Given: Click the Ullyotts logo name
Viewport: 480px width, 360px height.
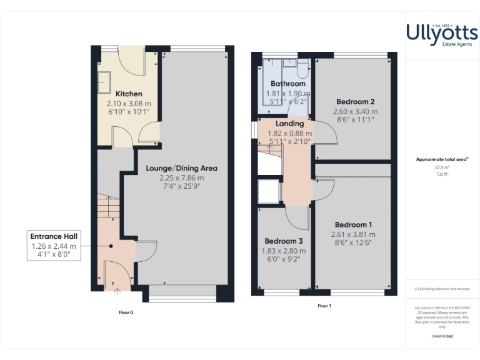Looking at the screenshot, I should [442, 32].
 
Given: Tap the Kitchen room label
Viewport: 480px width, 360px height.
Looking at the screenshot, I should [129, 94].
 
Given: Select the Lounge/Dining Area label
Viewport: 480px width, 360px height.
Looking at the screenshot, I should [181, 168].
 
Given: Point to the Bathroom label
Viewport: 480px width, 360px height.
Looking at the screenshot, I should [288, 84].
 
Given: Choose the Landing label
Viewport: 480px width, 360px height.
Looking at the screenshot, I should [289, 124].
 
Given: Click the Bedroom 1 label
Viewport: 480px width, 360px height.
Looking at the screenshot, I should [353, 225].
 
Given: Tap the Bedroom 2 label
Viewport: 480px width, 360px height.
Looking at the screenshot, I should [355, 102].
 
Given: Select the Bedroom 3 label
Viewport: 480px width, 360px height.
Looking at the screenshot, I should [283, 241].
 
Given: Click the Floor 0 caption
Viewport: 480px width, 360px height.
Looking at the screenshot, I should [126, 311].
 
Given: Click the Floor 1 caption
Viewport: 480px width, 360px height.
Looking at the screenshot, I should [324, 306].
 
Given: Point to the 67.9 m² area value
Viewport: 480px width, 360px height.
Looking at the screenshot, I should [442, 167].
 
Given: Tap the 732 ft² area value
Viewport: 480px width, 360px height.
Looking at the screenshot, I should [442, 174].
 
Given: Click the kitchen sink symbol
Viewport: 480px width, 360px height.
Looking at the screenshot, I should [104, 81].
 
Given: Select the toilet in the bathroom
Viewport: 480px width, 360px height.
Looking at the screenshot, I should [304, 66].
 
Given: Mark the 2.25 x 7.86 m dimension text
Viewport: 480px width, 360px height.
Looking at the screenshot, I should [181, 177].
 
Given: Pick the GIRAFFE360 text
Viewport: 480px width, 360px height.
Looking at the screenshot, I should [442, 337].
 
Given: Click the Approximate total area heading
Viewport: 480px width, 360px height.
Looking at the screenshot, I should [441, 160].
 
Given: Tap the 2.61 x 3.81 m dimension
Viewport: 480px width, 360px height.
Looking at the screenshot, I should [353, 235].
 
